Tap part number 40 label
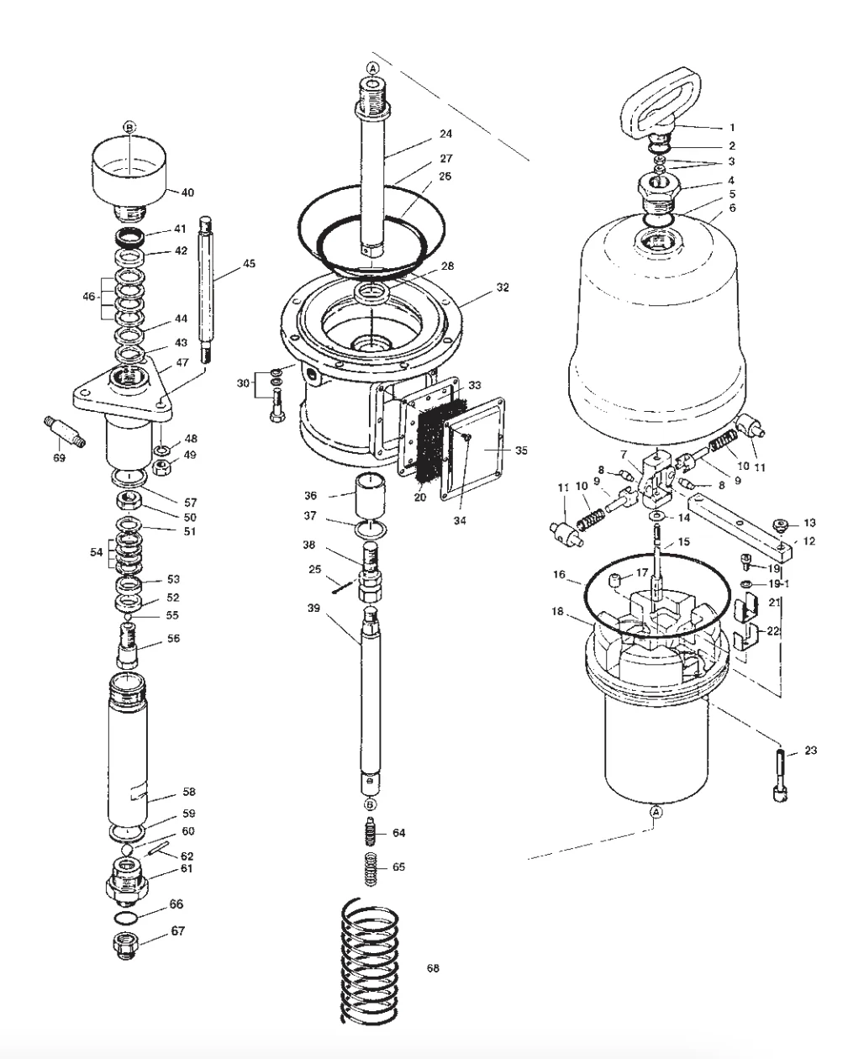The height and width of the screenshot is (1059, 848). pos(187,192)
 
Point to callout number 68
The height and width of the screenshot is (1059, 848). pos(433,968)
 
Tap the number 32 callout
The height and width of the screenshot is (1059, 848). pos(503,287)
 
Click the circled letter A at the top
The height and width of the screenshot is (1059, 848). pos(372,67)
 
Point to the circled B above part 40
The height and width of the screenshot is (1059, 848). pos(129,127)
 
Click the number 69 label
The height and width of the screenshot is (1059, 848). pos(59,457)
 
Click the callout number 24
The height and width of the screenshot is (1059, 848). pos(445,134)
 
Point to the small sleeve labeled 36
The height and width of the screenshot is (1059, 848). pos(370,497)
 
